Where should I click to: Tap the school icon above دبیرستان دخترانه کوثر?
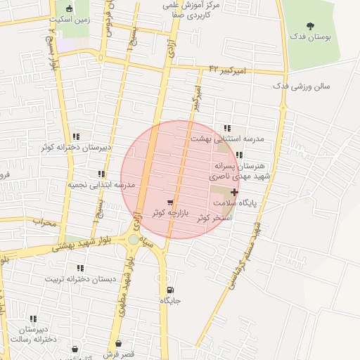76,136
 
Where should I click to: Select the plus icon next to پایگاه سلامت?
234,192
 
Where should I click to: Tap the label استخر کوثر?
214,218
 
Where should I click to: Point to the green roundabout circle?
134,240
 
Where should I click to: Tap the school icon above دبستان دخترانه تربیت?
80,268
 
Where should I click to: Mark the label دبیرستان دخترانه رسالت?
32,334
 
